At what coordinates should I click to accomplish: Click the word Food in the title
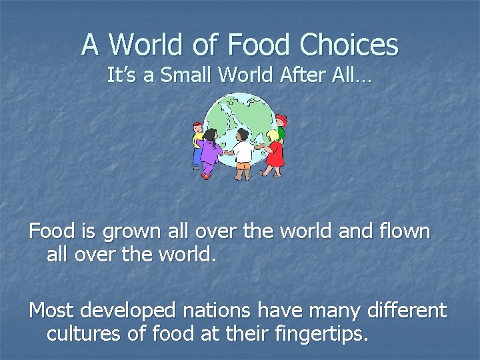(x=259, y=45)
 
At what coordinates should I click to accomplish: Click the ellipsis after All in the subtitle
(x=364, y=78)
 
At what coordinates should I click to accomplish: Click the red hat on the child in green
(x=281, y=120)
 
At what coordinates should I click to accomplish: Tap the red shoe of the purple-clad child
(x=206, y=175)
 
